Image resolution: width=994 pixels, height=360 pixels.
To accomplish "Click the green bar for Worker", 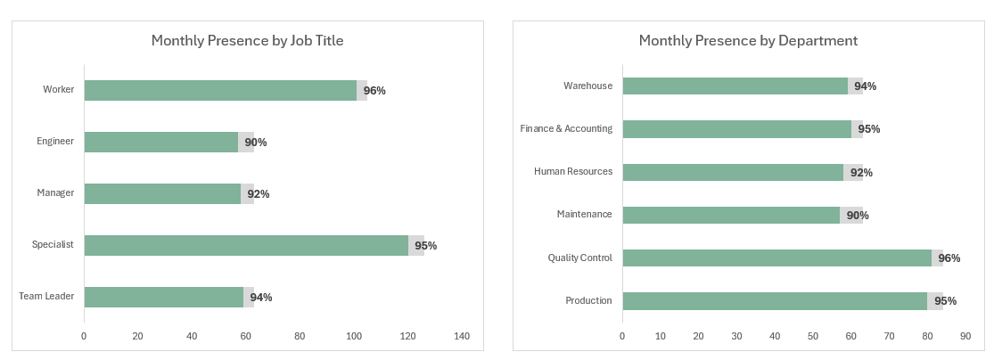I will click(220, 90).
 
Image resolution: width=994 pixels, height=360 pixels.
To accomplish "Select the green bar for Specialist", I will click(246, 245).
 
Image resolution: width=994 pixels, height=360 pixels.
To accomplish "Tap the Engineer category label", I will click(54, 142).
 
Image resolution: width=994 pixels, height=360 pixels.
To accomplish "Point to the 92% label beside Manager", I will click(259, 193).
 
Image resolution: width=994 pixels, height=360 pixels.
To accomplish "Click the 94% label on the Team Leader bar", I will click(261, 297).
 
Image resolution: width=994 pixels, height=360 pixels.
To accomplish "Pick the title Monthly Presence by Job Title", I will click(247, 40).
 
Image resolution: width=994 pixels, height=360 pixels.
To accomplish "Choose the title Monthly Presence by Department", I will click(748, 40).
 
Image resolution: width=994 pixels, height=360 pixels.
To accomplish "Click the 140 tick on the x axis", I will click(462, 336).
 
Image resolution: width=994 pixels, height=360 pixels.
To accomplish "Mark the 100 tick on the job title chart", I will click(354, 336).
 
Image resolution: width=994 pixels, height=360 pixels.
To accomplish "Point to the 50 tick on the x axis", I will click(813, 336).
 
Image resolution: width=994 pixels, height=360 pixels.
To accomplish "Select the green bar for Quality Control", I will click(776, 258).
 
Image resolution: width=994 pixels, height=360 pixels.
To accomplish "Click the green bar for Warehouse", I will click(735, 86).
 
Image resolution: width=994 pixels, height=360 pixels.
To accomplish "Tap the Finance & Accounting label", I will click(566, 128).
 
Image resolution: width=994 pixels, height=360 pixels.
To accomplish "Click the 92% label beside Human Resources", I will click(861, 172).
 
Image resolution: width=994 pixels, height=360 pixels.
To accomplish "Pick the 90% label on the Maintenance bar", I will click(858, 215).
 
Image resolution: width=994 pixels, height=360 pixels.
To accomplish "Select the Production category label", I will click(588, 300).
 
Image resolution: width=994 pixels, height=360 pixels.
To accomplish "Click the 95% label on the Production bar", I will click(945, 300).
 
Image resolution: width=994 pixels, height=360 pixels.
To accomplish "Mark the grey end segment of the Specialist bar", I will click(416, 245).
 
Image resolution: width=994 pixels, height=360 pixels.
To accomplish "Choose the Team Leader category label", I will click(46, 296).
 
